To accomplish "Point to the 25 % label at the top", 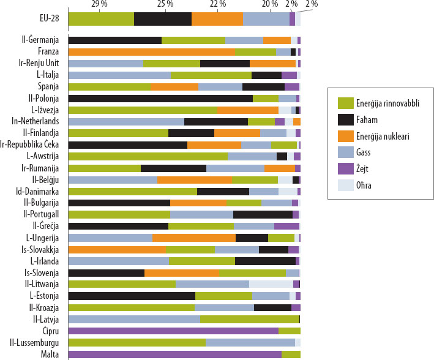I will [165, 4].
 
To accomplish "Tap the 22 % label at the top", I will [218, 4].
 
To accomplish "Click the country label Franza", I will [48, 51].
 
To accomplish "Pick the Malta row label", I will [48, 354].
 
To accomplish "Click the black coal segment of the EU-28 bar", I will [163, 19].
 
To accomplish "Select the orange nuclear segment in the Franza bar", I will [151, 52].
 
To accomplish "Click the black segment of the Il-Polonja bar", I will [160, 98].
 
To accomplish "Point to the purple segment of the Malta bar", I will [174, 354].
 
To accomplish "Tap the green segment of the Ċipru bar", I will [289, 331].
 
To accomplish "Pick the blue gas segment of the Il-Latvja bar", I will [134, 319].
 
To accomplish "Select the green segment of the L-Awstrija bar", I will [148, 156].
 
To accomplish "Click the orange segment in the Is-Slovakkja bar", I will [117, 249].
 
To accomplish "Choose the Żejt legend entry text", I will [366, 167].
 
